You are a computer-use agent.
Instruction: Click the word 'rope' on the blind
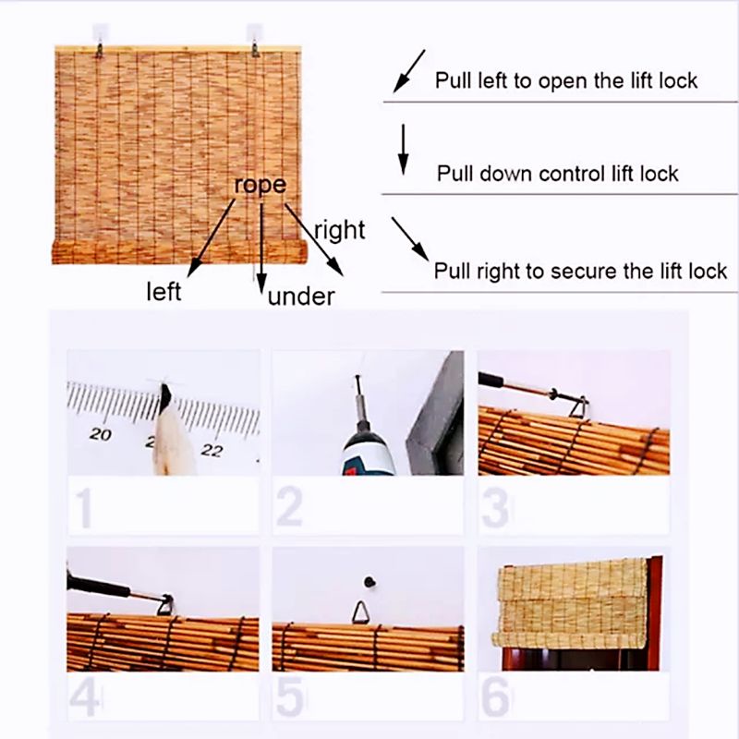(x=260, y=185)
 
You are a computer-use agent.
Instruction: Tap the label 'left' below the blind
(x=164, y=291)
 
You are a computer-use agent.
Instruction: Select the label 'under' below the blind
(x=301, y=297)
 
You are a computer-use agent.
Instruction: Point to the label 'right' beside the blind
(x=339, y=230)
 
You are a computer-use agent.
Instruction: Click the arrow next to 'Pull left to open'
(x=409, y=71)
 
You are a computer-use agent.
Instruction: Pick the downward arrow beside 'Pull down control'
(x=403, y=150)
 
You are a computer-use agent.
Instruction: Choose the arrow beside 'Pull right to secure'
(x=410, y=239)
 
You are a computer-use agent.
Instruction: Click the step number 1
(x=84, y=508)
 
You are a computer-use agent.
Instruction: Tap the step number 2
(x=289, y=507)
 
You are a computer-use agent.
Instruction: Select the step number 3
(x=496, y=508)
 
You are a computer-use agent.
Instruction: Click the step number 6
(x=496, y=698)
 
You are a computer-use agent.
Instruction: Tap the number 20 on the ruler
(x=101, y=433)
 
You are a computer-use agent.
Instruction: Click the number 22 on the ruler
(x=212, y=450)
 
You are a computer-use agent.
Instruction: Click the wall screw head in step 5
(x=370, y=582)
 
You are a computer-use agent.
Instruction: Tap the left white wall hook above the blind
(x=100, y=31)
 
